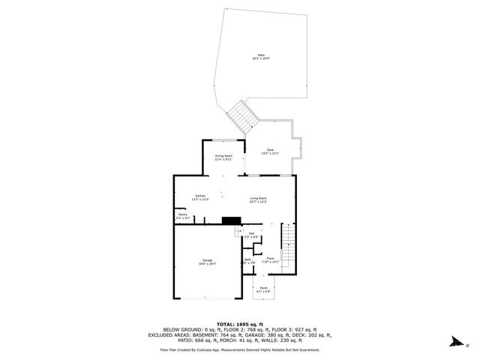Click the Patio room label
click(x=261, y=55)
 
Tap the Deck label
click(x=270, y=151)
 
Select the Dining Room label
click(x=223, y=157)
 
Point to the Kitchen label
click(x=201, y=197)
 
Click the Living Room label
click(x=258, y=199)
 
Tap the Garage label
click(x=207, y=262)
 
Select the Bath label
click(x=248, y=262)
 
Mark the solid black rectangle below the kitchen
click(x=231, y=220)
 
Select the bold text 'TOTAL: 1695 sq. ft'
click(x=239, y=324)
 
